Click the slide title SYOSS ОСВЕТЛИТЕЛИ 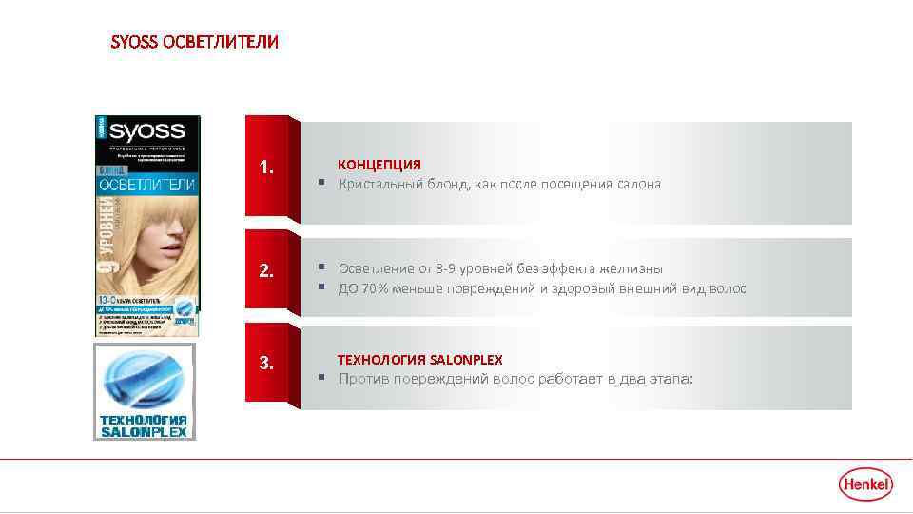195,43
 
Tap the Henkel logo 865,484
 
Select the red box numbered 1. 267,168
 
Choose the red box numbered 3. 267,363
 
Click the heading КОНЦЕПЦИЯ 379,165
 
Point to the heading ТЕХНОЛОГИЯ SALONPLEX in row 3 420,360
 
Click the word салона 637,184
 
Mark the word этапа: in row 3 671,379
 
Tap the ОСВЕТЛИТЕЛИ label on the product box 146,182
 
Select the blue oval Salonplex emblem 144,377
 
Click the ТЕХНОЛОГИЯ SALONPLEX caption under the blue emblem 144,425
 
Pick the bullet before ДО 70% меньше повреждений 322,288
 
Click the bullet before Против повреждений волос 322,379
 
